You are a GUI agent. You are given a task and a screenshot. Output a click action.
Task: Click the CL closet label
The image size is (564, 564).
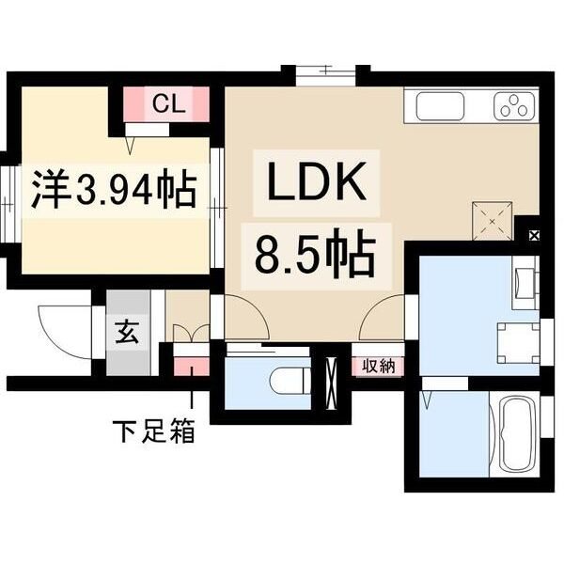[168, 103]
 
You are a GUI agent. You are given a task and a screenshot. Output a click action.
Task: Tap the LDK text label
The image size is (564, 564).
[317, 182]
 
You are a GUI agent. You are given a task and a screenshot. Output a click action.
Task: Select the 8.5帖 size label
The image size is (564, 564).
[315, 253]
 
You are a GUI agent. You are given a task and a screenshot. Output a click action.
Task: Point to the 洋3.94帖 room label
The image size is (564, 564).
[115, 190]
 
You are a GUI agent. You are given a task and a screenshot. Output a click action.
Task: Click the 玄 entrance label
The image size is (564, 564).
[128, 333]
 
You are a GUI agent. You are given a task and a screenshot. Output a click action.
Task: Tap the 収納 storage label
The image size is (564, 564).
[378, 367]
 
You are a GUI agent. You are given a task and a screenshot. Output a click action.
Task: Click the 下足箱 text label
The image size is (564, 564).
[154, 431]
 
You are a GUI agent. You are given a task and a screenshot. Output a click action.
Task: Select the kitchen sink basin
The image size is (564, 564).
[440, 106]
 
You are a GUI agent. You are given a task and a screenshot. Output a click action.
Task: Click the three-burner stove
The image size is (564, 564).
[514, 106]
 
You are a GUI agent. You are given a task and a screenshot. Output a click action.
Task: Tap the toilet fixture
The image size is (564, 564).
[290, 381]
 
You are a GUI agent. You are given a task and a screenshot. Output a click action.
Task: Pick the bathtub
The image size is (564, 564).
[515, 433]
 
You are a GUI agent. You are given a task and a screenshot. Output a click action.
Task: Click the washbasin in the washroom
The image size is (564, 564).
[525, 282]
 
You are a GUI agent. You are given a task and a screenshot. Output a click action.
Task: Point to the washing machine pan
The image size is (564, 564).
[518, 343]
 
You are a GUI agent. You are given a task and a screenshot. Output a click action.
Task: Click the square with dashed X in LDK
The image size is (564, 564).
[492, 221]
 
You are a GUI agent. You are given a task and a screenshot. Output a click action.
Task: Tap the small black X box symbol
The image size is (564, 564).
[534, 236]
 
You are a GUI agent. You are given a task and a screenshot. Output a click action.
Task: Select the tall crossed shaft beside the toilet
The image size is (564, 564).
[331, 383]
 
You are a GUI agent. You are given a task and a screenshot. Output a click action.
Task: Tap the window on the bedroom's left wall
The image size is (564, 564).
[8, 204]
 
